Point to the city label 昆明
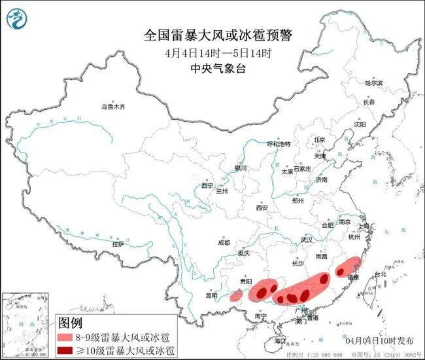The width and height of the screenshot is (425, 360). pyautogui.click(x=211, y=295)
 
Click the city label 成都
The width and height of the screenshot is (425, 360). pyautogui.click(x=225, y=242)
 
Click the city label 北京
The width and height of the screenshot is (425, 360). pyautogui.click(x=319, y=139)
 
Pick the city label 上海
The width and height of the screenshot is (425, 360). pyautogui.click(x=364, y=226)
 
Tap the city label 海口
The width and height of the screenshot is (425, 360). pyautogui.click(x=280, y=341)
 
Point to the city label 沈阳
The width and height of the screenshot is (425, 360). pyautogui.click(x=360, y=124)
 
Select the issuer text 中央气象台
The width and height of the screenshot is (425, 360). pyautogui.click(x=212, y=67)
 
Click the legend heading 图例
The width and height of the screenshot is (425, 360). pyautogui.click(x=71, y=323)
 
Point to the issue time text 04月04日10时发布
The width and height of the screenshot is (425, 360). pyautogui.click(x=379, y=341)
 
